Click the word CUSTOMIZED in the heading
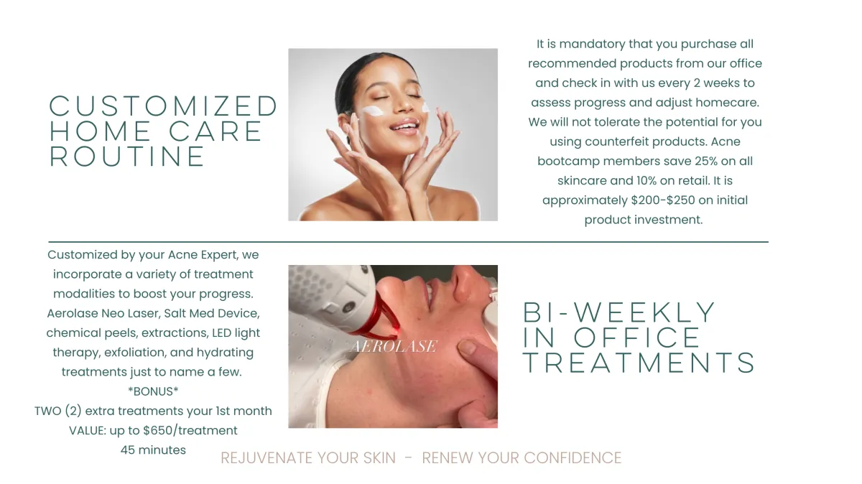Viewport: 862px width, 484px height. [x=163, y=106]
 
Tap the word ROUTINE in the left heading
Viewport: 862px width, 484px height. [x=127, y=157]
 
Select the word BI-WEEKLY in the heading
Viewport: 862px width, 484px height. [x=618, y=312]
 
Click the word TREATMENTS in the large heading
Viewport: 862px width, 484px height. [x=639, y=363]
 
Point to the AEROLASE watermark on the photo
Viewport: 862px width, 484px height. [x=394, y=346]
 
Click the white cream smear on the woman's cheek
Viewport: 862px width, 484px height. [x=372, y=111]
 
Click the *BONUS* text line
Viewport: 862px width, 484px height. [x=153, y=391]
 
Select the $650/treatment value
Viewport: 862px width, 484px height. [x=190, y=430]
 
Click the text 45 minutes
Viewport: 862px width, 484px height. [x=153, y=450]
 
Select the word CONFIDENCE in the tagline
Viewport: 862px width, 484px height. [x=573, y=458]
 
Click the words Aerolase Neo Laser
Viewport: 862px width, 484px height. [x=103, y=313]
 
